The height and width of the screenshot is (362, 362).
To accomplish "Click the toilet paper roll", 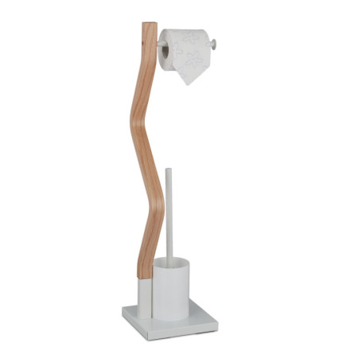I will tap(185, 48).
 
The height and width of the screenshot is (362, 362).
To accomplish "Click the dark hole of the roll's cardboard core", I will tap(165, 52).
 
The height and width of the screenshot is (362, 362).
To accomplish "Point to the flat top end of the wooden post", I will tap(149, 25).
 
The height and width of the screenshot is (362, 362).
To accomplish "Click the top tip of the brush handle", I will tap(168, 169).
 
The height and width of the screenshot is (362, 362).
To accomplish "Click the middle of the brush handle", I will tap(168, 215).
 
